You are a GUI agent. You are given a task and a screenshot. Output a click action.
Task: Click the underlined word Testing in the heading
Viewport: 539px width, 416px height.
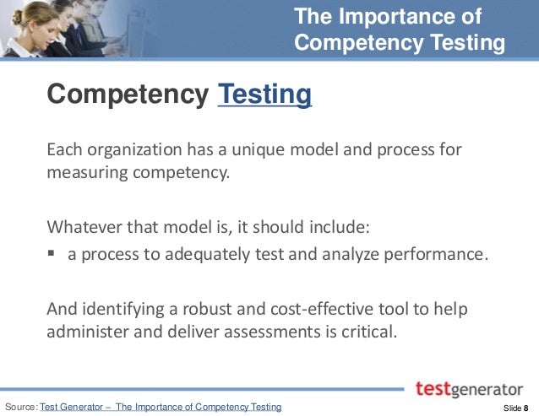pos(264,94)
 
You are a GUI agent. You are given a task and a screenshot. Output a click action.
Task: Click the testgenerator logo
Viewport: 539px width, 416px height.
pos(469,389)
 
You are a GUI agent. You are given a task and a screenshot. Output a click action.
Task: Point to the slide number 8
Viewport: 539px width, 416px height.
pos(525,408)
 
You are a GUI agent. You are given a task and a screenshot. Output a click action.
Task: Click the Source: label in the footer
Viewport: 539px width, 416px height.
pos(21,408)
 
